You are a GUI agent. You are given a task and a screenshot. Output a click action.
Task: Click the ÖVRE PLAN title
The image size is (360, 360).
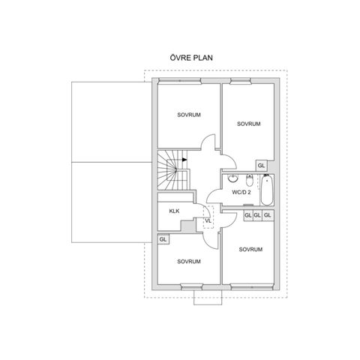coord(191,58)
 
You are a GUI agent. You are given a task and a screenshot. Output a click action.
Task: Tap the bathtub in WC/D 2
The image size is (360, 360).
coord(267,190)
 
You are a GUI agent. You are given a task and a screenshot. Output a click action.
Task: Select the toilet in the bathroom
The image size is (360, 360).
coord(250,180)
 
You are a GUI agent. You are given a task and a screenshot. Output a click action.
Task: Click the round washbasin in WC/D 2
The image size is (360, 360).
coord(233,178)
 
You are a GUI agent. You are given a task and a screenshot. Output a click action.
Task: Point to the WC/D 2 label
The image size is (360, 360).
coord(241,192)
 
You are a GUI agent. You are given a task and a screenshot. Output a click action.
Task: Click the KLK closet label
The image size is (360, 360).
coord(174,211)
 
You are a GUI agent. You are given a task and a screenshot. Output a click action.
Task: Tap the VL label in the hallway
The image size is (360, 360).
coord(208,221)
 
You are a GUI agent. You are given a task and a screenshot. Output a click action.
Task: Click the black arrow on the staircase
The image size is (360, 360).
coord(184,160)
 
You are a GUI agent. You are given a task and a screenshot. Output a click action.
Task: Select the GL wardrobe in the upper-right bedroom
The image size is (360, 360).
coord(261,166)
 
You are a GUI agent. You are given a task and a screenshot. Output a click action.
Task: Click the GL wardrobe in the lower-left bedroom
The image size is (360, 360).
coord(163,239)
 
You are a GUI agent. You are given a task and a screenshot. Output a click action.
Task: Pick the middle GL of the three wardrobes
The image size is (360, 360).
coord(257,215)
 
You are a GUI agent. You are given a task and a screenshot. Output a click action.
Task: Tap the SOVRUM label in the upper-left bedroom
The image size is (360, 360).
coord(189,115)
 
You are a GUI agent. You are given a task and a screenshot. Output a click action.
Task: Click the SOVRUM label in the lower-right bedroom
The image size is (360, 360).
coord(250,249)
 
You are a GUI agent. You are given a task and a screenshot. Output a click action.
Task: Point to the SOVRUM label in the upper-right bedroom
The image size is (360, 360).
coord(249,124)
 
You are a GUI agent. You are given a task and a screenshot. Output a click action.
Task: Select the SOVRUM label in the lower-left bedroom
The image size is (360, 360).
coord(189,262)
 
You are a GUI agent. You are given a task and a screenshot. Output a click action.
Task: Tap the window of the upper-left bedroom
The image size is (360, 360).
coord(180,81)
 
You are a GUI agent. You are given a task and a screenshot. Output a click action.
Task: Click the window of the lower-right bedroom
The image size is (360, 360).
coord(251,286)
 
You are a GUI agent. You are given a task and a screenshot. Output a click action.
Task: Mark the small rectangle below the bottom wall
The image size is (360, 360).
coord(208,298)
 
